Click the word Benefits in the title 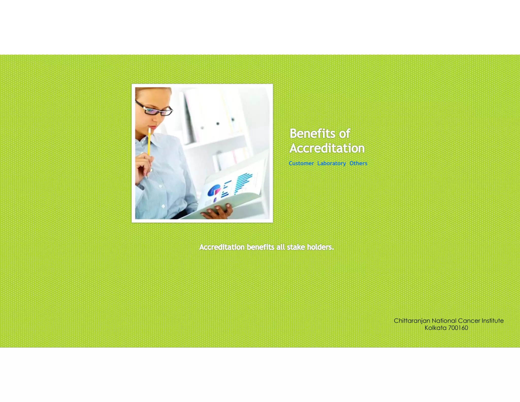click(312, 133)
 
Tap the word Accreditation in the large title click(327, 148)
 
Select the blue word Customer click(301, 163)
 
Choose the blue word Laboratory click(331, 163)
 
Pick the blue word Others click(358, 163)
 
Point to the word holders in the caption click(320, 247)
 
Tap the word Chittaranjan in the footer click(412, 321)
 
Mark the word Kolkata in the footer click(435, 328)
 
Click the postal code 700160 click(458, 328)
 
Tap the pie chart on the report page click(214, 191)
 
